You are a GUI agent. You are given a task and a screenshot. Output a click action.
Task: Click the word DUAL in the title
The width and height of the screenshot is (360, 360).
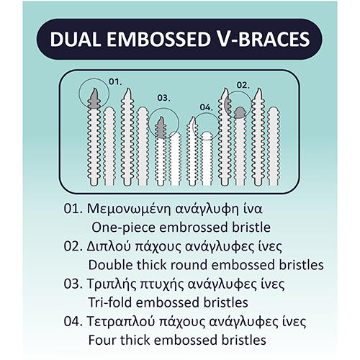click(76, 39)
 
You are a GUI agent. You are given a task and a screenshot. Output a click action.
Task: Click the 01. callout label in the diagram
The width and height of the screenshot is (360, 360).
click(115, 82)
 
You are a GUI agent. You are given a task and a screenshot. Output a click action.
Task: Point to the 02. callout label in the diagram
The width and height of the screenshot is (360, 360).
click(243, 85)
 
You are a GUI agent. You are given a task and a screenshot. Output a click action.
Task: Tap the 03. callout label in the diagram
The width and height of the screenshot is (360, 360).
click(163, 98)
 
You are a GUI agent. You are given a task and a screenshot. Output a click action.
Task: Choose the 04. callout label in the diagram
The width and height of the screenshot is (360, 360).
click(207, 107)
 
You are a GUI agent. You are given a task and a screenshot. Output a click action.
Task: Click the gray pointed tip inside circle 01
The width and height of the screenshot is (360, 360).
click(94, 99)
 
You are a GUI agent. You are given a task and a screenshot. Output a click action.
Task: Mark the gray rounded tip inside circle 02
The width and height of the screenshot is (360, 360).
click(240, 112)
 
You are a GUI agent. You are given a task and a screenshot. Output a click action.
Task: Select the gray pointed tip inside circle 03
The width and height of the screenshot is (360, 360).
click(161, 127)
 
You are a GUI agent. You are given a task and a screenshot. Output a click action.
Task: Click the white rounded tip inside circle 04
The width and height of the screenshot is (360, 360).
click(207, 136)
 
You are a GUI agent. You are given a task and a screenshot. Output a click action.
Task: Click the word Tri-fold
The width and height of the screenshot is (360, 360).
click(110, 302)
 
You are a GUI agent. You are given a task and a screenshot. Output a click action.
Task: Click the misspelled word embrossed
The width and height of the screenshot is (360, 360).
click(194, 228)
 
